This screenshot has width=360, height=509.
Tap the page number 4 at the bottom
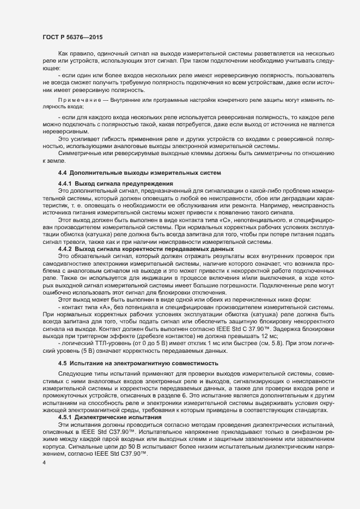44,463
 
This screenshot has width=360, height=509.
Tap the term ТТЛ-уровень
99,328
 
